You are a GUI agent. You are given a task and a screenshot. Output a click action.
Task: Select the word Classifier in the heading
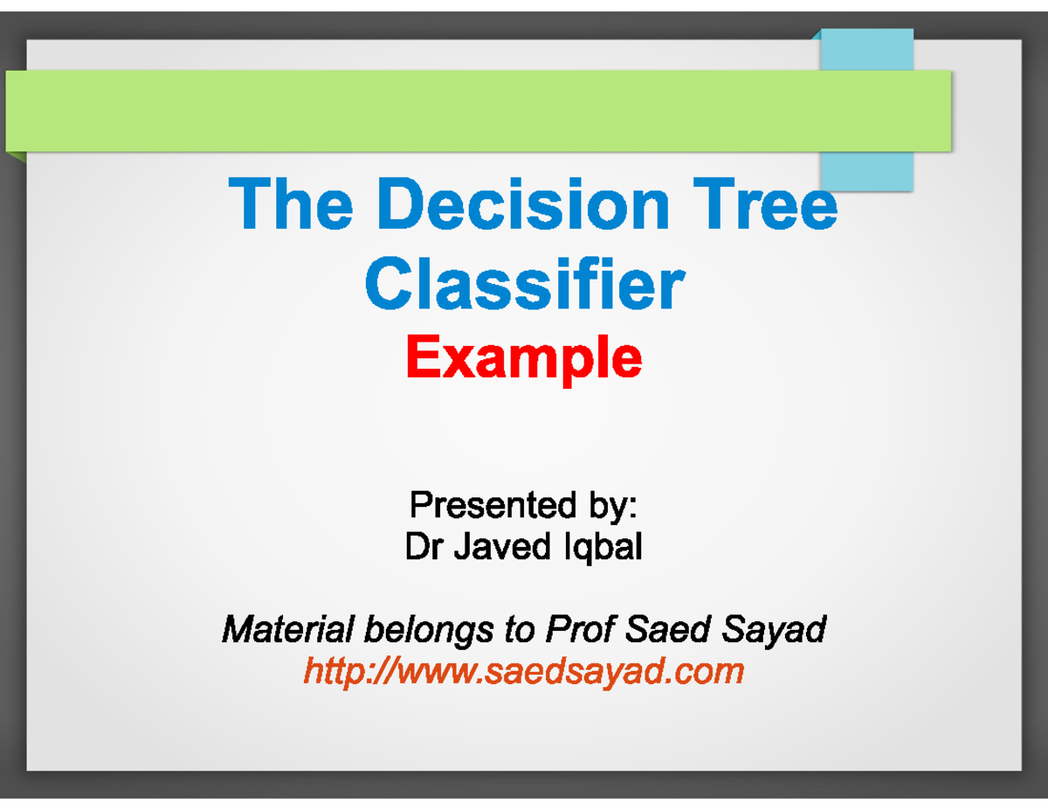coord(524,284)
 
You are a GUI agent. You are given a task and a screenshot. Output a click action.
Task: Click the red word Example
coord(524,358)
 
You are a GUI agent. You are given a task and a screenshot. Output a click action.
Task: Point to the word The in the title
coord(291,204)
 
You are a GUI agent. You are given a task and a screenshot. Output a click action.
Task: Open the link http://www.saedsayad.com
coord(524,671)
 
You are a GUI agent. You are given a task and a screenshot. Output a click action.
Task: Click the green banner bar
coord(437,111)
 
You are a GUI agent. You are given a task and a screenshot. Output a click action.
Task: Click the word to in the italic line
coord(518,628)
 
